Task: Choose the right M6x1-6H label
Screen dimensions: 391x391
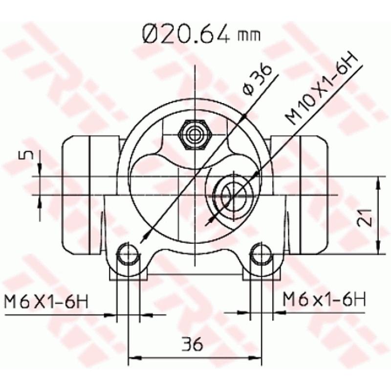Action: click(324, 298)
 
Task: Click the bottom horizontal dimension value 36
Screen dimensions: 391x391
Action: click(195, 345)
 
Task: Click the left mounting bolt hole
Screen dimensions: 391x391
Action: click(128, 254)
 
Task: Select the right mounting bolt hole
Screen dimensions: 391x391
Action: click(261, 254)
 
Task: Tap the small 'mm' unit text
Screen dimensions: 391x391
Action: click(248, 36)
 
